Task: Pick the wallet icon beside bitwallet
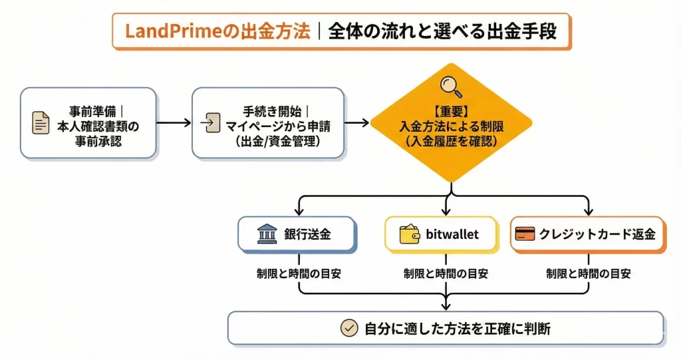pyautogui.click(x=410, y=234)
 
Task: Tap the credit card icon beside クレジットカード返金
pyautogui.click(x=526, y=234)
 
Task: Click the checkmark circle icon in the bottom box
pyautogui.click(x=349, y=328)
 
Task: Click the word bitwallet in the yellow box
pyautogui.click(x=452, y=234)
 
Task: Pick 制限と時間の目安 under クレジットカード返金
pyautogui.click(x=588, y=273)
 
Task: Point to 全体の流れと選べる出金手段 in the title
pyautogui.click(x=442, y=31)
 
